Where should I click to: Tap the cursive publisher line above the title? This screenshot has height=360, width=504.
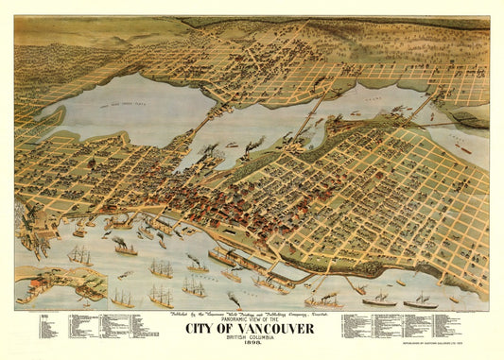pyautogui.click(x=251, y=311)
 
